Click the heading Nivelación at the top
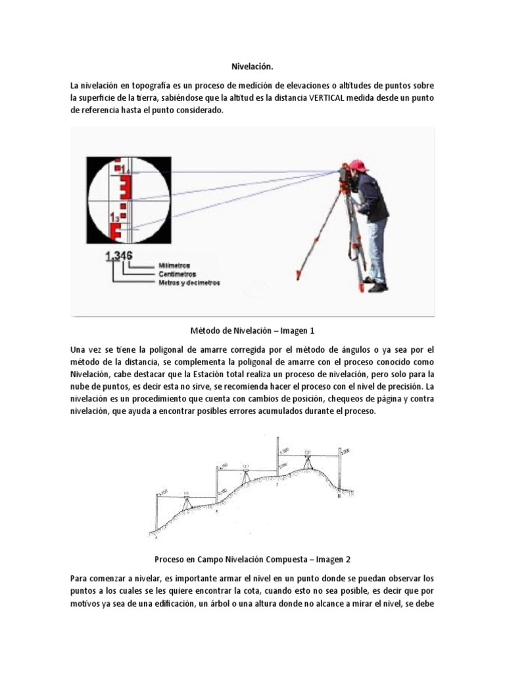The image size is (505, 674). coord(252,66)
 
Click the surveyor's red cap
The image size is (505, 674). coord(358,165)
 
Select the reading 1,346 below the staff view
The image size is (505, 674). coord(120,256)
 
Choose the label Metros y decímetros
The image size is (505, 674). coord(189,282)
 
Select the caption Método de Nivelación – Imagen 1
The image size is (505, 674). coord(252,329)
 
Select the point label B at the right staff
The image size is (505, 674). coord(339,496)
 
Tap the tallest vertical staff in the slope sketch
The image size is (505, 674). coord(277,461)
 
